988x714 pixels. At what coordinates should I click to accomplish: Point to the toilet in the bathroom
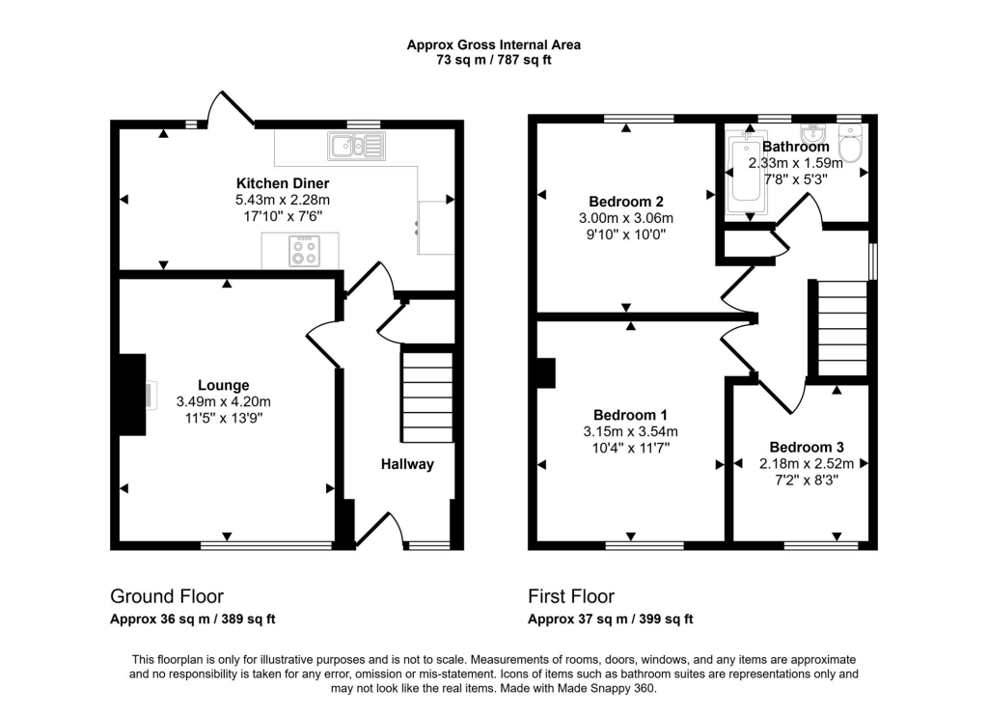point(850,148)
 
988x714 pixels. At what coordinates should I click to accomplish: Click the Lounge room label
point(225,385)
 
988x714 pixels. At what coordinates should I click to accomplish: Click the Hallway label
point(406,464)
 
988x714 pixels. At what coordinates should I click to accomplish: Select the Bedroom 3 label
point(807,448)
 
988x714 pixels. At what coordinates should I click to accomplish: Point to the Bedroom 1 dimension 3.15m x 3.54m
point(631,431)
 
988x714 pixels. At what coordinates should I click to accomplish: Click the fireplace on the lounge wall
point(131,395)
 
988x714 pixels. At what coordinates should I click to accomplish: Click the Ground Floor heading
point(167,596)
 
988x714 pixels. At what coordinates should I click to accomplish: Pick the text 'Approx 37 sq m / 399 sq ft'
point(610,619)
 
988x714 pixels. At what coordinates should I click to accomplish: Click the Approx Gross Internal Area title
point(493,44)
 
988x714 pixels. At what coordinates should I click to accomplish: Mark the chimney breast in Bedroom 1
point(546,373)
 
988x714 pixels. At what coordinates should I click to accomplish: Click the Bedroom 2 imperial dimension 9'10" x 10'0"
point(626,234)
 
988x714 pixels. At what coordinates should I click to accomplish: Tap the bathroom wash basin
point(814,131)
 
